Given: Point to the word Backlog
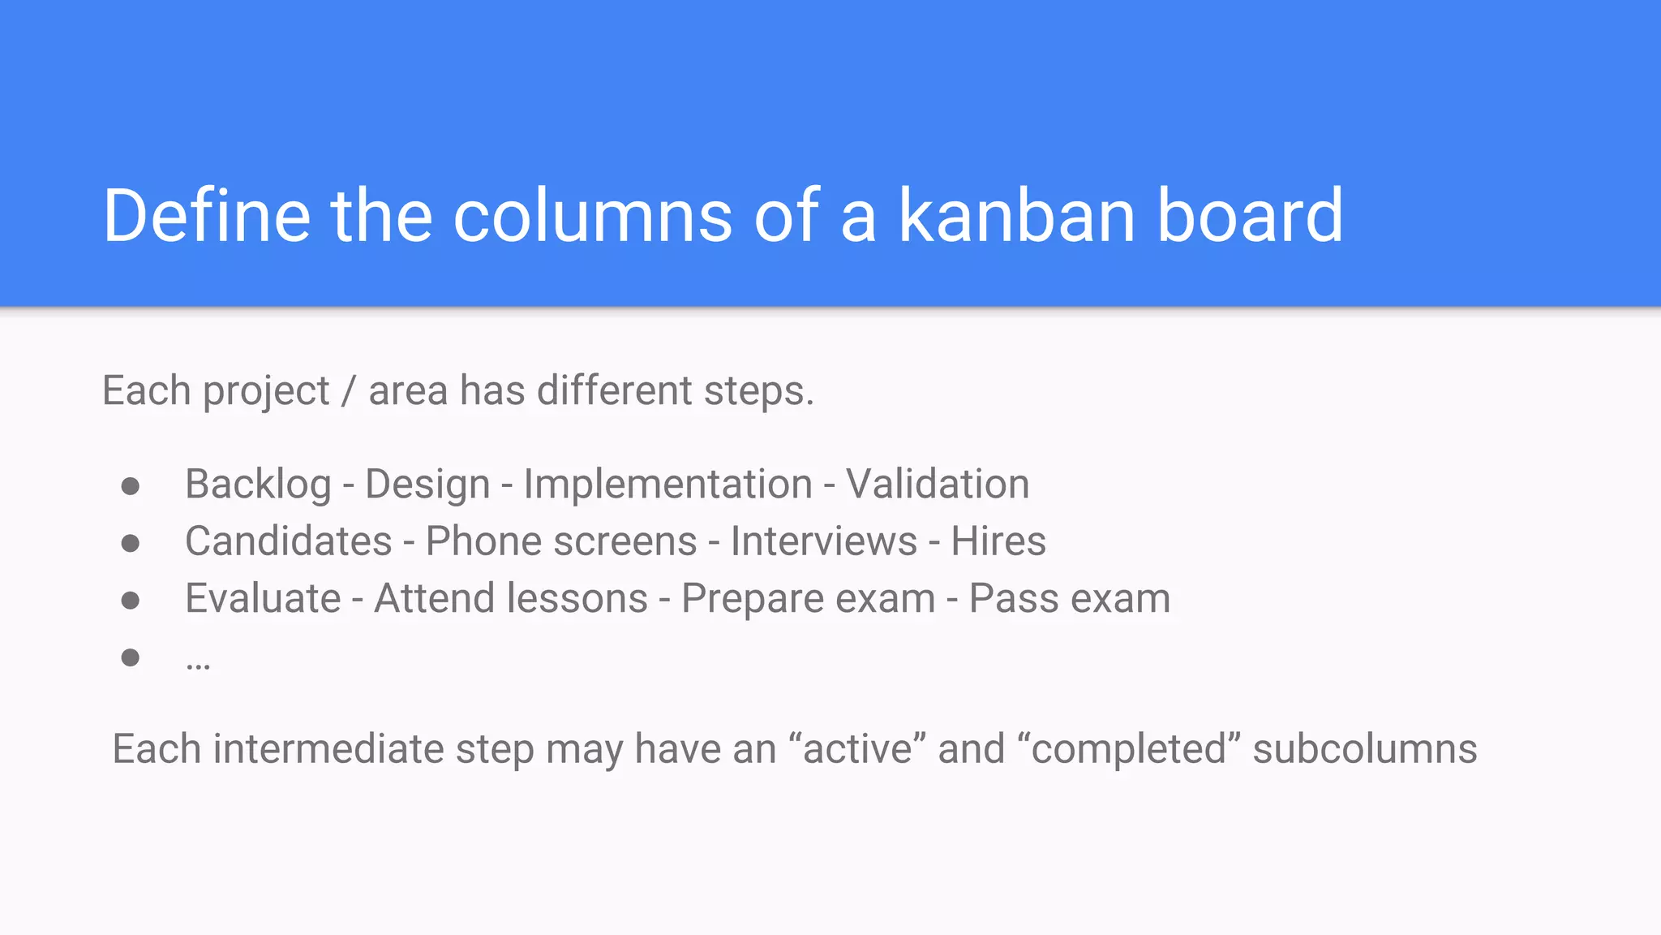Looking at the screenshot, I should [x=258, y=485].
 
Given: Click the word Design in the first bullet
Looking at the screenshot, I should [x=427, y=485].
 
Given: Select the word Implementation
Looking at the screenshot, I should [x=667, y=485].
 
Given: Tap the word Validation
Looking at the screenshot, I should [x=938, y=485].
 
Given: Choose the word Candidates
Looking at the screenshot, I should [x=289, y=541].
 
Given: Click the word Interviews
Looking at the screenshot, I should [x=824, y=541].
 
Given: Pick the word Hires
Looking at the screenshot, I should [x=998, y=541].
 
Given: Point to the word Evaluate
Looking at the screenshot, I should [x=263, y=599].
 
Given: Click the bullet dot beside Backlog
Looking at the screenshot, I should [x=131, y=486].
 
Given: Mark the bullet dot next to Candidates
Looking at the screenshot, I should [x=131, y=543].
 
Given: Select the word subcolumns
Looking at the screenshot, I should [x=1364, y=748].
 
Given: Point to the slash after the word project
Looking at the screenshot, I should [x=349, y=391].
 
